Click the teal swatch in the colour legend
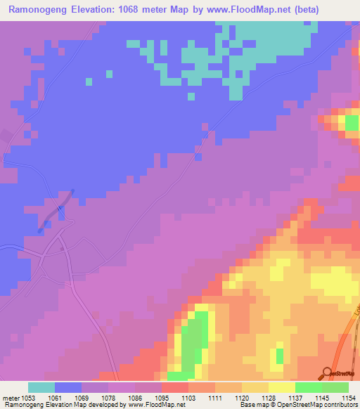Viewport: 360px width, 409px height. pyautogui.click(x=41, y=387)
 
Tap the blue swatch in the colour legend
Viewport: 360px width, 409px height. pyautogui.click(x=68, y=387)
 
